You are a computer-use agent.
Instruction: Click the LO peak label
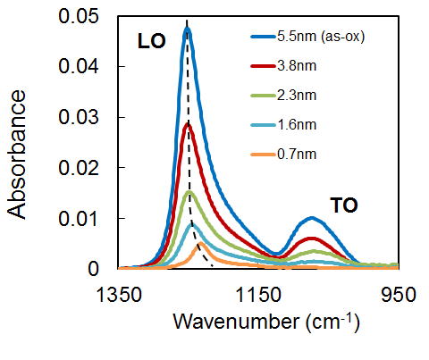tap(151, 41)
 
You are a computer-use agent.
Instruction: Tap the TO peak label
tap(344, 205)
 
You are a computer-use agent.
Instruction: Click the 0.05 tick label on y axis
tap(78, 16)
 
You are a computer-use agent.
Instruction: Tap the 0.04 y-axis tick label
tap(78, 66)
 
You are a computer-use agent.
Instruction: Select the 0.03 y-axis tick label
tap(78, 117)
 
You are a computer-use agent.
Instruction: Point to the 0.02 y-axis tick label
tap(78, 168)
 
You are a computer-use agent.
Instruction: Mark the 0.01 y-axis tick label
tap(78, 219)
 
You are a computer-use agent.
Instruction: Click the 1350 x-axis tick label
tap(119, 295)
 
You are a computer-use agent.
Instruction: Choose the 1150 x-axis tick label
tap(258, 295)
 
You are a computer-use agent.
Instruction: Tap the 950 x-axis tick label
tap(399, 295)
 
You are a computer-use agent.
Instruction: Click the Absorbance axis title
tap(16, 155)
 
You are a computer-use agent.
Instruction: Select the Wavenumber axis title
tap(266, 322)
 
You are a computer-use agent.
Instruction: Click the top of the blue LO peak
tap(187, 29)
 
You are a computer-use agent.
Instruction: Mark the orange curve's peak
tap(201, 244)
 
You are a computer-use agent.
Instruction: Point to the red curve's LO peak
tap(188, 123)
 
